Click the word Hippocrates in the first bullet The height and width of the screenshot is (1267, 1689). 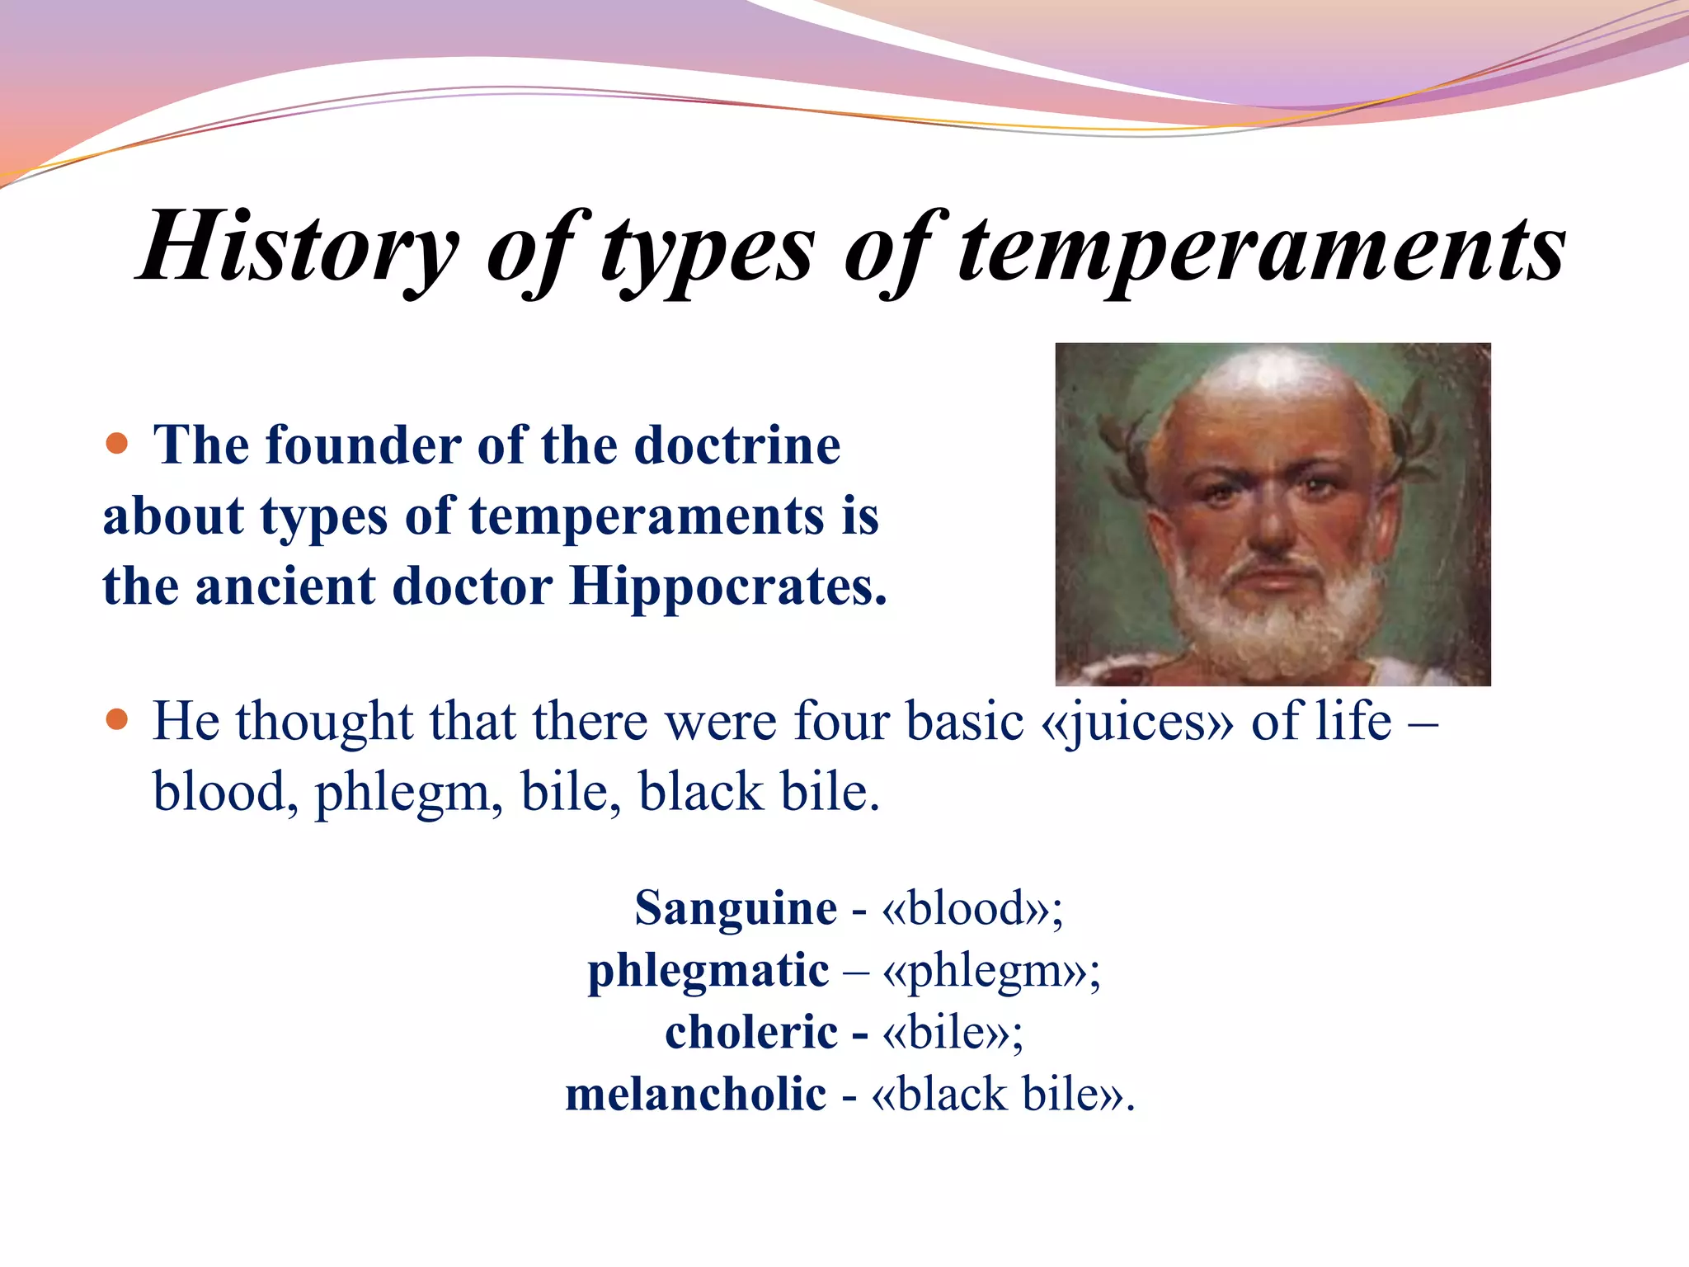[x=727, y=587]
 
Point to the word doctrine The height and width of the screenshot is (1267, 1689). [x=737, y=445]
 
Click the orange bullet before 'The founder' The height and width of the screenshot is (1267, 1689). [x=118, y=444]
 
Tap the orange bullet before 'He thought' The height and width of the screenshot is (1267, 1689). [x=118, y=719]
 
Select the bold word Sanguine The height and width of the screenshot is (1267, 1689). [x=736, y=908]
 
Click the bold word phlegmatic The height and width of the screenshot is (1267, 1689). [x=708, y=970]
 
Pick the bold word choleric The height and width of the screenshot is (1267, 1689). [x=751, y=1032]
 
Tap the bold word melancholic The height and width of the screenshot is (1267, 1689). [x=695, y=1095]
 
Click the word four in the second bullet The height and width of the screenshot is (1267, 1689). [x=842, y=721]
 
